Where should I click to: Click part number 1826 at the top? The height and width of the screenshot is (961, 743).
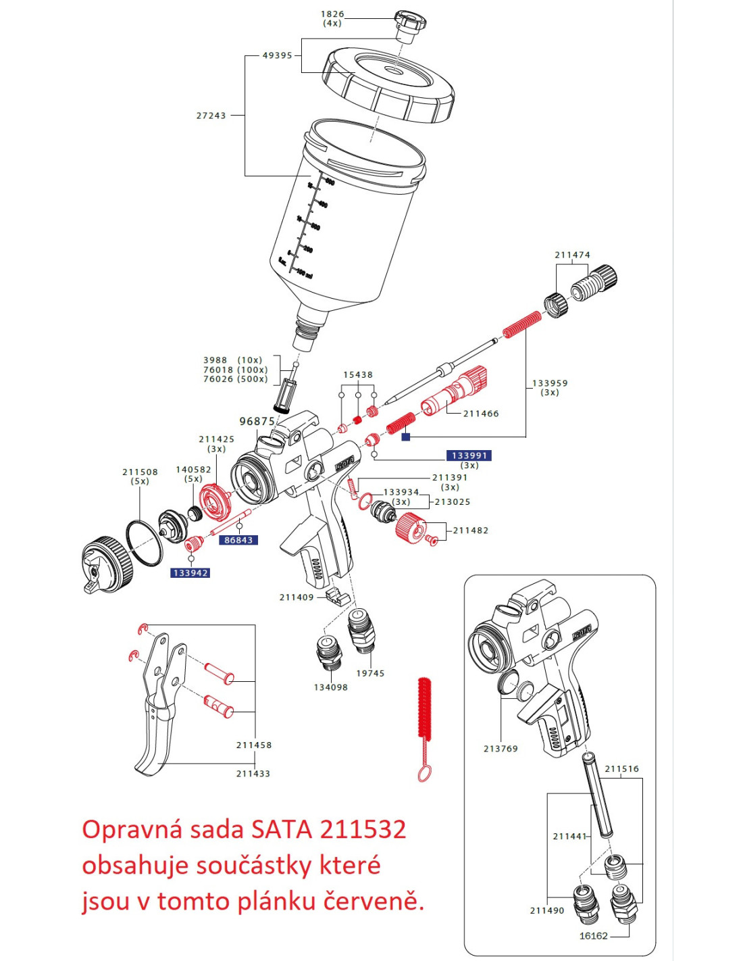pos(332,14)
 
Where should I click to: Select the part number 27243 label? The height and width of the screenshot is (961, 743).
pos(211,116)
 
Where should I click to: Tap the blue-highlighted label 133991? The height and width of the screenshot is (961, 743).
pos(469,455)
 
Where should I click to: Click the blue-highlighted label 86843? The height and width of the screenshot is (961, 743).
pos(238,540)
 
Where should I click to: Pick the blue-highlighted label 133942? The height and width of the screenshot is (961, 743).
pos(190,573)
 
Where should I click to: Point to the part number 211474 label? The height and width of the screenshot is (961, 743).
pos(572,255)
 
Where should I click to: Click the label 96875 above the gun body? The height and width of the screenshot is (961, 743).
pos(257,421)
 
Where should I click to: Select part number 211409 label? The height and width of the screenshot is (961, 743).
pos(297,597)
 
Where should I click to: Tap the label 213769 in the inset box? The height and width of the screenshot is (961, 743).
pos(501,749)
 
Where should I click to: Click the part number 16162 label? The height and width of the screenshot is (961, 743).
pos(593,936)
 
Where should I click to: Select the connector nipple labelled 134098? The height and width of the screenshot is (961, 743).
pos(329,651)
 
